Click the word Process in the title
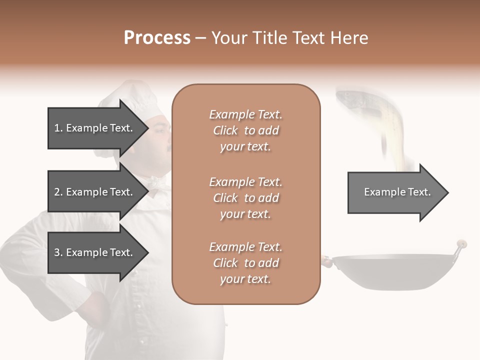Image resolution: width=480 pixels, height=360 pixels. (x=157, y=38)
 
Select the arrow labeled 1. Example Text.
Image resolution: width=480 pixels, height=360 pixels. (x=95, y=128)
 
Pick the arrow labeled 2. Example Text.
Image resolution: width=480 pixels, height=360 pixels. (x=95, y=192)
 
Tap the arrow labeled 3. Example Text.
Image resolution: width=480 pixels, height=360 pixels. (x=95, y=252)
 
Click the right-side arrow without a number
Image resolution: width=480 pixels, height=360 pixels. (x=395, y=192)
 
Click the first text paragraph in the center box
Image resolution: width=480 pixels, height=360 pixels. (x=245, y=130)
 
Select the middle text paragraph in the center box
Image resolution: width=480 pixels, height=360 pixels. (x=245, y=198)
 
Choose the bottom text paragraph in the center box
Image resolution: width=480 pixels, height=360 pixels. (x=245, y=263)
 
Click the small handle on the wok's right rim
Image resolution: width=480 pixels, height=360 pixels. (x=461, y=245)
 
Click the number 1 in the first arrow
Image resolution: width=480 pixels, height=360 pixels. (x=57, y=128)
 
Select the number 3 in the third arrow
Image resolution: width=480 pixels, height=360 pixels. (x=57, y=252)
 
